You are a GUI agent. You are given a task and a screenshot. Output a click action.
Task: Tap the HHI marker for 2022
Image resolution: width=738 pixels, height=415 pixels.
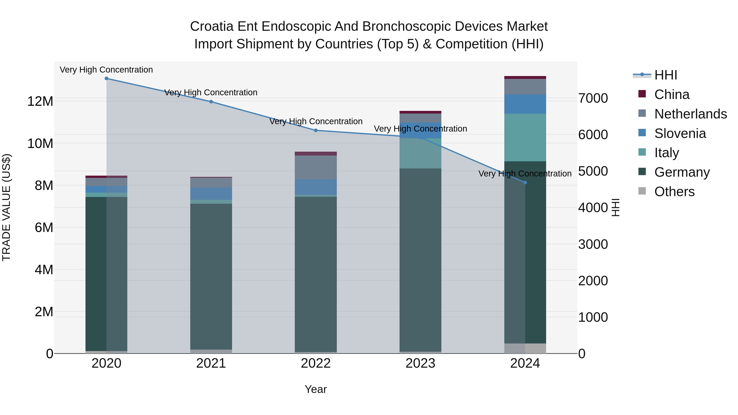[x=316, y=130]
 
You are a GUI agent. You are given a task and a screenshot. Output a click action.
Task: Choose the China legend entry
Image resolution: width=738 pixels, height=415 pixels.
[x=672, y=94]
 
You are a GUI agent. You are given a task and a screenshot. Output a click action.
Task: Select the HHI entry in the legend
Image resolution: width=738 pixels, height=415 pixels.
[x=665, y=75]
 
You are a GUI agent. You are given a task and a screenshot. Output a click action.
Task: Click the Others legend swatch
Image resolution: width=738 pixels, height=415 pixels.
[x=642, y=191]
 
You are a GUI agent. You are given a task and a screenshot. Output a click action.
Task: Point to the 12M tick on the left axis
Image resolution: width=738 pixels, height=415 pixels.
[x=40, y=101]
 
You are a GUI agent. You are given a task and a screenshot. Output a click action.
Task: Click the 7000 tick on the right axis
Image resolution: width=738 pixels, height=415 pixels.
[x=593, y=98]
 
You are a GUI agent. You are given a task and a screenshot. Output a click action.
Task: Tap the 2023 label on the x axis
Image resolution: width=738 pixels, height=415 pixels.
[x=420, y=363]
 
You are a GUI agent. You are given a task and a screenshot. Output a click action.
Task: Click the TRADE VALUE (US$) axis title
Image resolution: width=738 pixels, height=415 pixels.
[x=6, y=207]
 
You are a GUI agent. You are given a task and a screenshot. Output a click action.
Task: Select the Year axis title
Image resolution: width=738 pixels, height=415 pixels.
[x=316, y=389]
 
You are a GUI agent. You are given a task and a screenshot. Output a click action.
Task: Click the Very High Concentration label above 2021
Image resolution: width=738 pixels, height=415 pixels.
[x=211, y=92]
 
